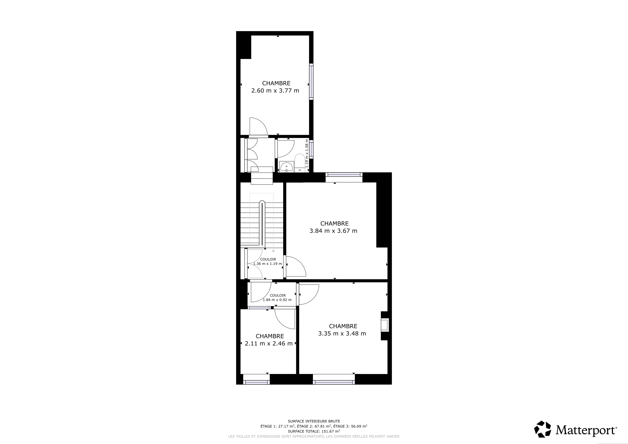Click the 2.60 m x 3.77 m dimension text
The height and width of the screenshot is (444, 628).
pos(275,90)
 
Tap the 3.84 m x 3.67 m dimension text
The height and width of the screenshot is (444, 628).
pos(334,231)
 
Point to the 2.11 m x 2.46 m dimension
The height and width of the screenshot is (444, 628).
pos(269,343)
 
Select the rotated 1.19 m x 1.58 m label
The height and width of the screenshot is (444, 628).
pos(307,153)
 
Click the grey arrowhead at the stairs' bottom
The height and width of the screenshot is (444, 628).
pos(273,251)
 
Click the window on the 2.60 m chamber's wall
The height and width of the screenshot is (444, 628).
pos(311,82)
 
